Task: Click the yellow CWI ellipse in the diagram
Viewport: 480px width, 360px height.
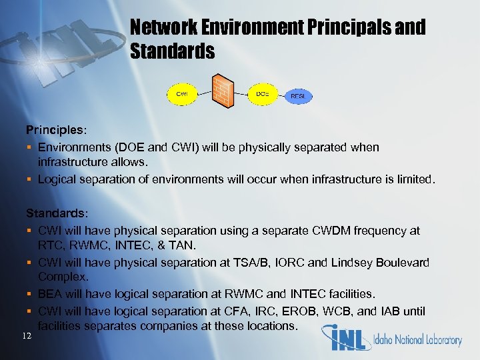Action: [x=181, y=94]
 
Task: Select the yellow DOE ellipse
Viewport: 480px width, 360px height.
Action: [x=263, y=94]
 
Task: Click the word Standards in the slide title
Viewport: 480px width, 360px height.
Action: [x=172, y=51]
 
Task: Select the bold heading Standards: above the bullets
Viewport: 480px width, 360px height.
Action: [x=56, y=214]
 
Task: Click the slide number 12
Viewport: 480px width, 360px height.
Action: [x=25, y=335]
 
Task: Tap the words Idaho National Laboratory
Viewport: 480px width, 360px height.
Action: [x=417, y=340]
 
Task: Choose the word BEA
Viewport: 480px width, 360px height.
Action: [x=51, y=293]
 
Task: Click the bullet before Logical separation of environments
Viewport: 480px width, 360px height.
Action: [x=29, y=179]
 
